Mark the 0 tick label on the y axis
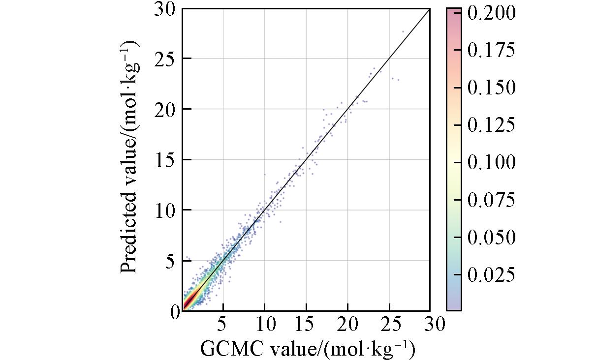(x=175, y=312)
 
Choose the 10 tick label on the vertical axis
(x=166, y=210)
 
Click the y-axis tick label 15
(x=166, y=160)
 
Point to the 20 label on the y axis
(x=166, y=109)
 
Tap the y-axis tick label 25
(x=166, y=59)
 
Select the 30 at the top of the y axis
(x=166, y=9)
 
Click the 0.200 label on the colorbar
(x=491, y=13)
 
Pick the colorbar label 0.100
(x=491, y=162)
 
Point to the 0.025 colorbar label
(x=491, y=274)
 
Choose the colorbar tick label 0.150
(x=491, y=88)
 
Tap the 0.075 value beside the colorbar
(x=491, y=200)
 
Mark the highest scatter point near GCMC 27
(x=403, y=31)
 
